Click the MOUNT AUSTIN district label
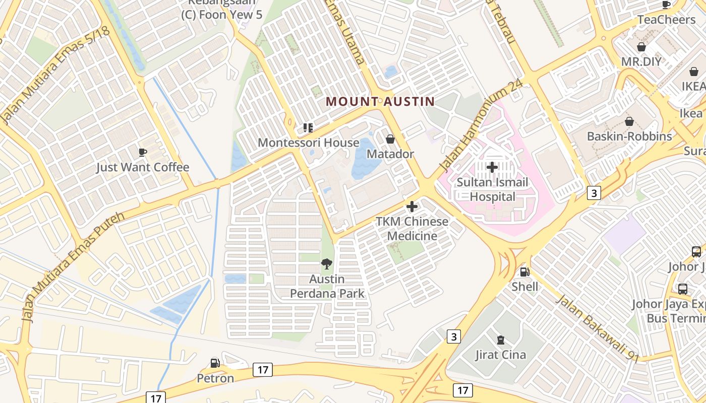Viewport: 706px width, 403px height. point(380,101)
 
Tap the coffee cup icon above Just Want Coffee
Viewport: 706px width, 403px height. point(143,152)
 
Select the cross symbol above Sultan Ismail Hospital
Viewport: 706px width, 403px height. point(492,167)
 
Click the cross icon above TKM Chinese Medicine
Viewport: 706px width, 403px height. point(412,206)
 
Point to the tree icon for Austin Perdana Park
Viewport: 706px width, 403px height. point(327,263)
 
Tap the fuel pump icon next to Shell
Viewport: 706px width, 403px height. point(524,272)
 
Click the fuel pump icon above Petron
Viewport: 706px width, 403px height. point(215,363)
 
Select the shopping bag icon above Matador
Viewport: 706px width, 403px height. point(390,139)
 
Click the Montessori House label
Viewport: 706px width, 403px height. point(309,143)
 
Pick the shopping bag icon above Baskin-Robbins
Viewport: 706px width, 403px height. point(629,121)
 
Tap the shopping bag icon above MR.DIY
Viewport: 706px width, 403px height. point(641,47)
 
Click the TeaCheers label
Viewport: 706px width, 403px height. point(666,20)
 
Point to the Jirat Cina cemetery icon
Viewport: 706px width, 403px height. point(500,340)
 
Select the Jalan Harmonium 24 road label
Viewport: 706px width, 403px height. point(479,126)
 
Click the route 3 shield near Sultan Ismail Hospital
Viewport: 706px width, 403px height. point(594,192)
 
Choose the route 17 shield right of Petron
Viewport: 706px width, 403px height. point(263,370)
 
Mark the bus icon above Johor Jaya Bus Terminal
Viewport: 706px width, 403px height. point(682,289)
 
